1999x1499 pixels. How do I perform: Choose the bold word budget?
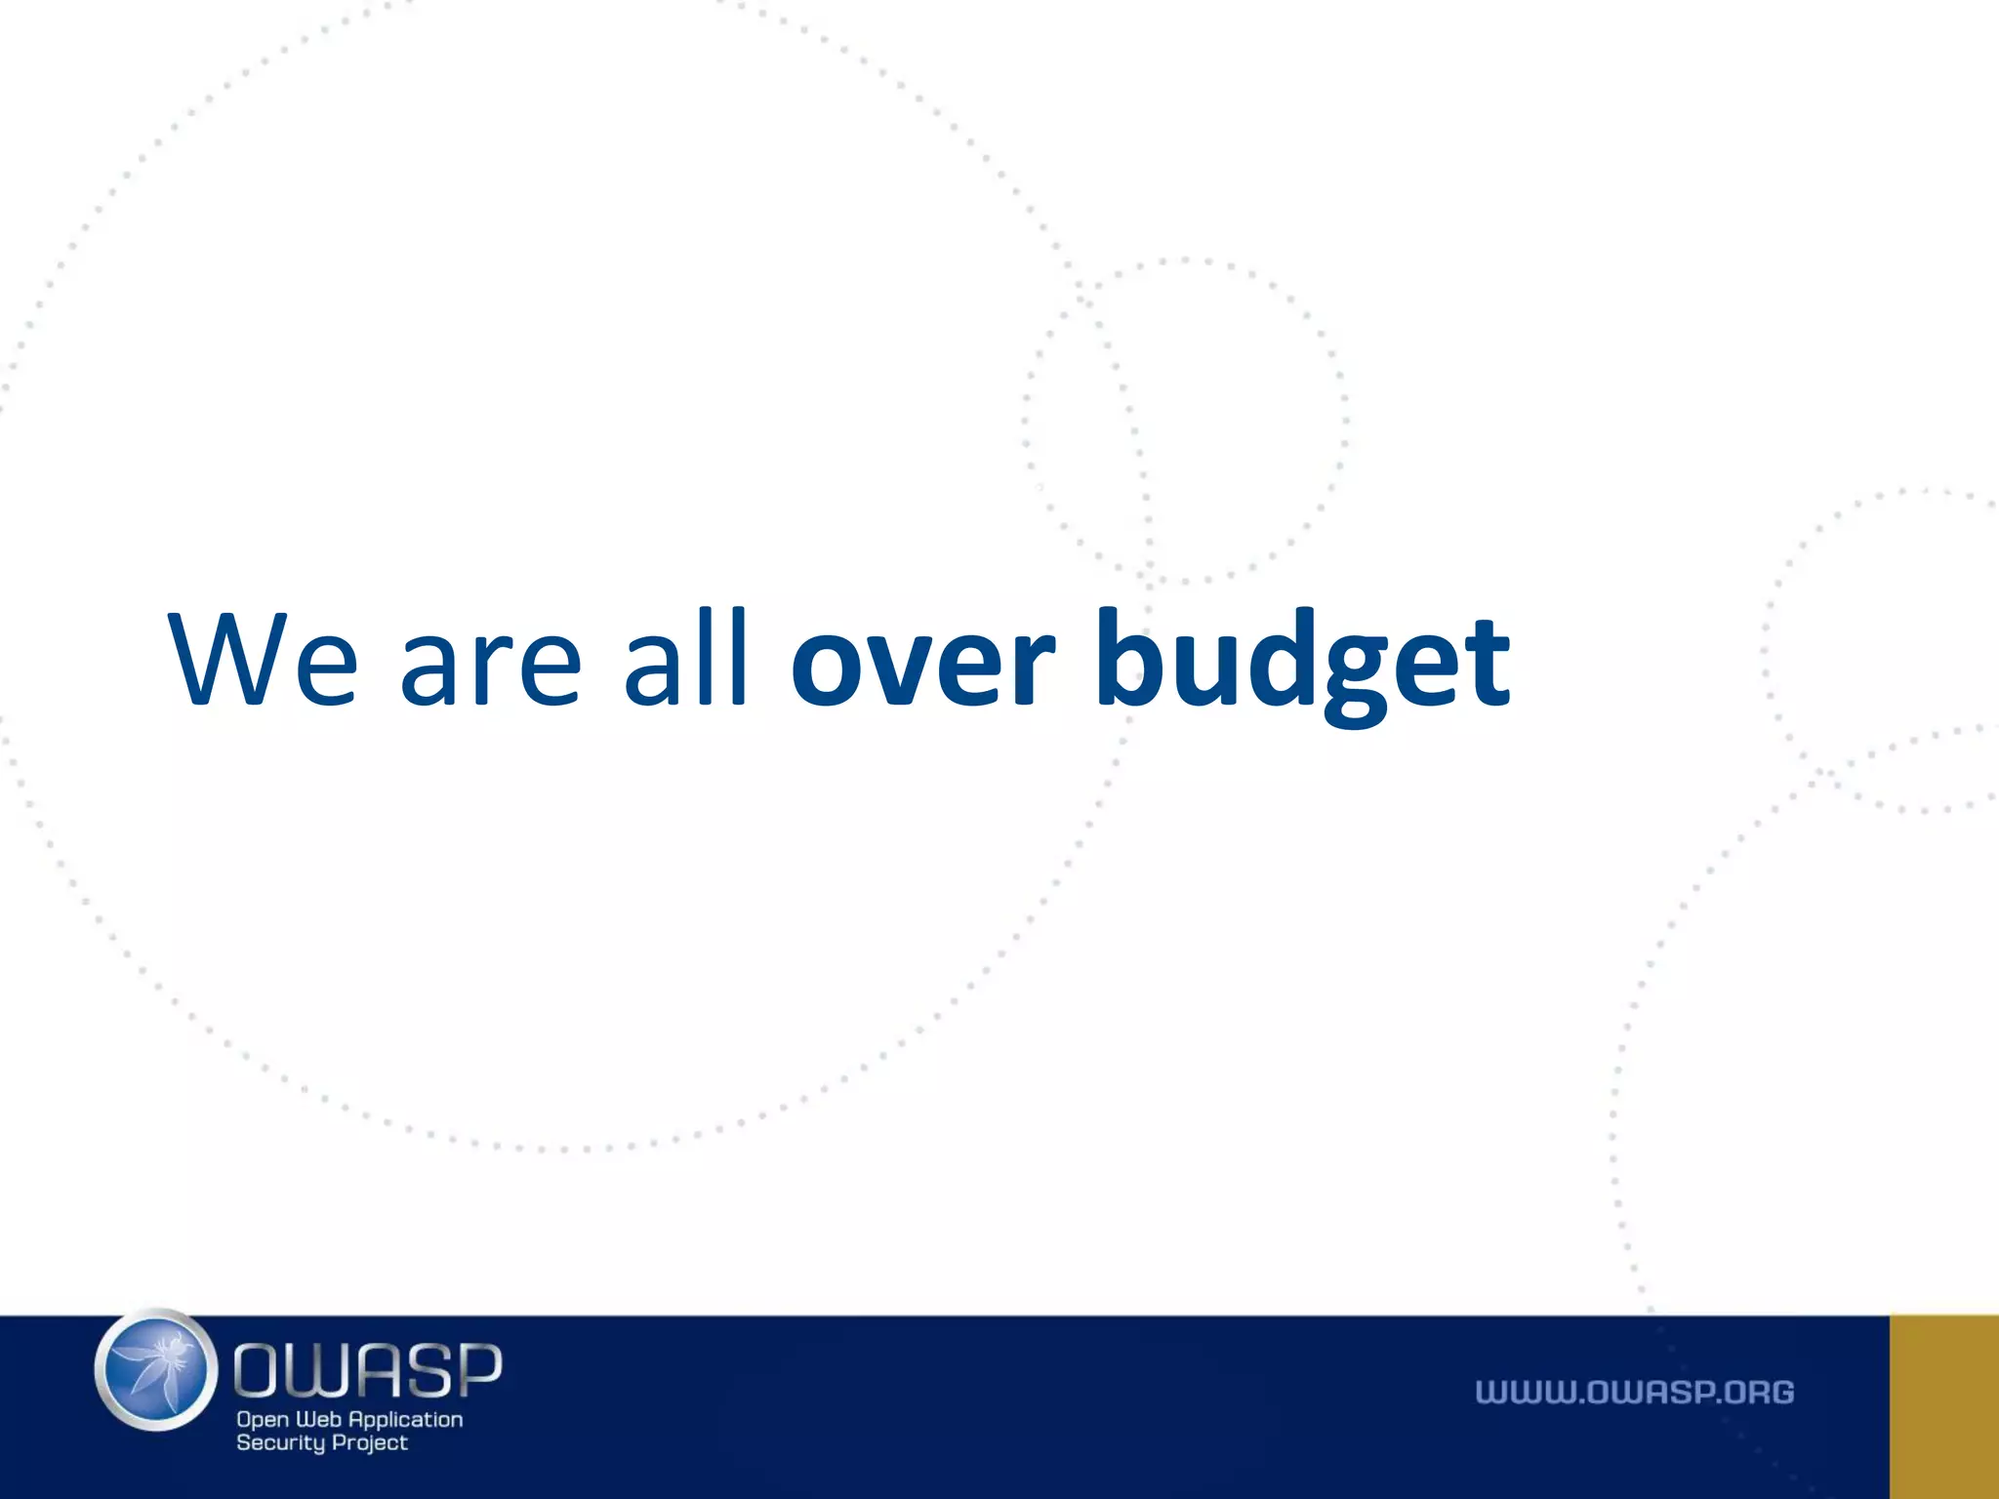point(1303,664)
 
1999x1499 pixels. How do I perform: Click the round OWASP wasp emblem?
point(156,1370)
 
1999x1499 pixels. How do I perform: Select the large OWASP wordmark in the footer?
point(368,1369)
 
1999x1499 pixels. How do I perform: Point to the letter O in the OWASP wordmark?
point(259,1369)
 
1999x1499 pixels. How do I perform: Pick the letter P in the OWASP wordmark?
point(477,1369)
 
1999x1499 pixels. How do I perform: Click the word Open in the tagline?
point(263,1421)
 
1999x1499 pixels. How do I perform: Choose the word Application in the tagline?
point(405,1421)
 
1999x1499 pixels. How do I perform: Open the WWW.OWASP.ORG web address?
point(1635,1393)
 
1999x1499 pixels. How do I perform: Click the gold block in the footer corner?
point(1943,1406)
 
